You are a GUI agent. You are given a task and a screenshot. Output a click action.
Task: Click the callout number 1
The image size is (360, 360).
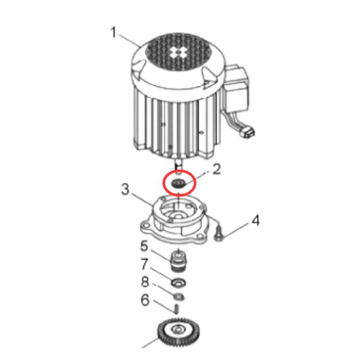[x=113, y=32]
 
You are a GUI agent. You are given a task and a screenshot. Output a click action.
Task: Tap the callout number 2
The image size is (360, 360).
[x=217, y=169]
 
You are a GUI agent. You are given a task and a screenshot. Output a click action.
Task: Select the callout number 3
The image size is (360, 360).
[x=125, y=190]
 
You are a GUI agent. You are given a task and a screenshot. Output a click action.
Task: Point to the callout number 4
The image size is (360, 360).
[x=256, y=221]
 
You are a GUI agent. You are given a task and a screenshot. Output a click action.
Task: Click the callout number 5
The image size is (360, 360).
[x=145, y=246]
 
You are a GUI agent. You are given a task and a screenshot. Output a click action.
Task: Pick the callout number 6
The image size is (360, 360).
[x=145, y=300]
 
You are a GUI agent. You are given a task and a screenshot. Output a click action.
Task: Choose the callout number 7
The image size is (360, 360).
[x=145, y=264]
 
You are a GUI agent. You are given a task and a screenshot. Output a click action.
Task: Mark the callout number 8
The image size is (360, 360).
[x=145, y=282]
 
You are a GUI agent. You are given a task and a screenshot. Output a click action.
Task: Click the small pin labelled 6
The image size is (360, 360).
[x=176, y=309]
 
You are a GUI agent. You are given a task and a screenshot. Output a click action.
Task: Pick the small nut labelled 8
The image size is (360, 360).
[x=179, y=297]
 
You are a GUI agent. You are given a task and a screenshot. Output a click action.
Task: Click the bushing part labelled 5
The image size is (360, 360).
[x=179, y=260]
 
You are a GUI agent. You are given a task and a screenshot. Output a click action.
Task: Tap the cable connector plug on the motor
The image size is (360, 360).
[x=248, y=133]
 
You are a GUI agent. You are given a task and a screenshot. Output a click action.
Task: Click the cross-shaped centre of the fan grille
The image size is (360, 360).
[x=178, y=53]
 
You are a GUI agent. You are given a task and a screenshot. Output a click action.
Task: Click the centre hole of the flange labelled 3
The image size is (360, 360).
[x=178, y=217]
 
